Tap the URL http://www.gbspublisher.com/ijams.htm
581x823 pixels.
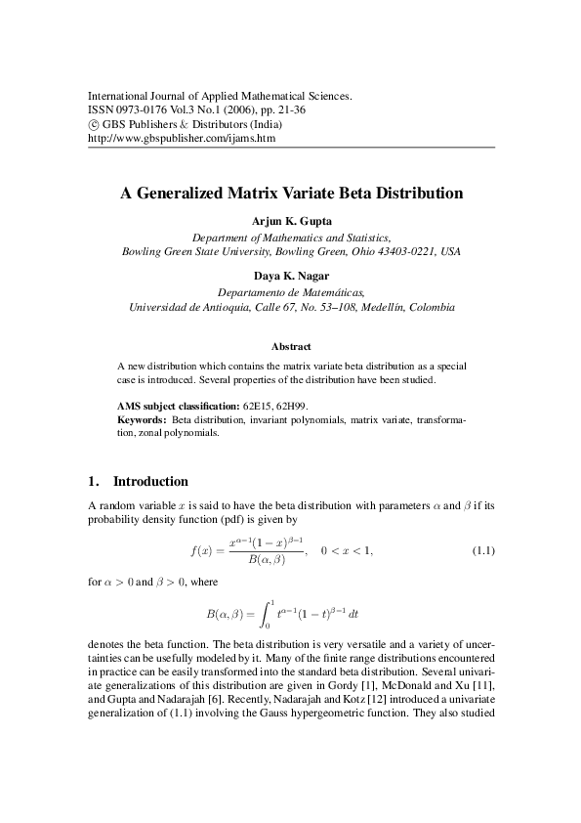tap(182, 139)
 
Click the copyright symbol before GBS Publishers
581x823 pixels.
tap(93, 125)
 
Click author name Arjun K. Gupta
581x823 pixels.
tap(291, 221)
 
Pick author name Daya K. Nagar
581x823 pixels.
tap(291, 275)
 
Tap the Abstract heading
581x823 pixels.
tap(291, 346)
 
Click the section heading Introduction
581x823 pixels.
tap(150, 482)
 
